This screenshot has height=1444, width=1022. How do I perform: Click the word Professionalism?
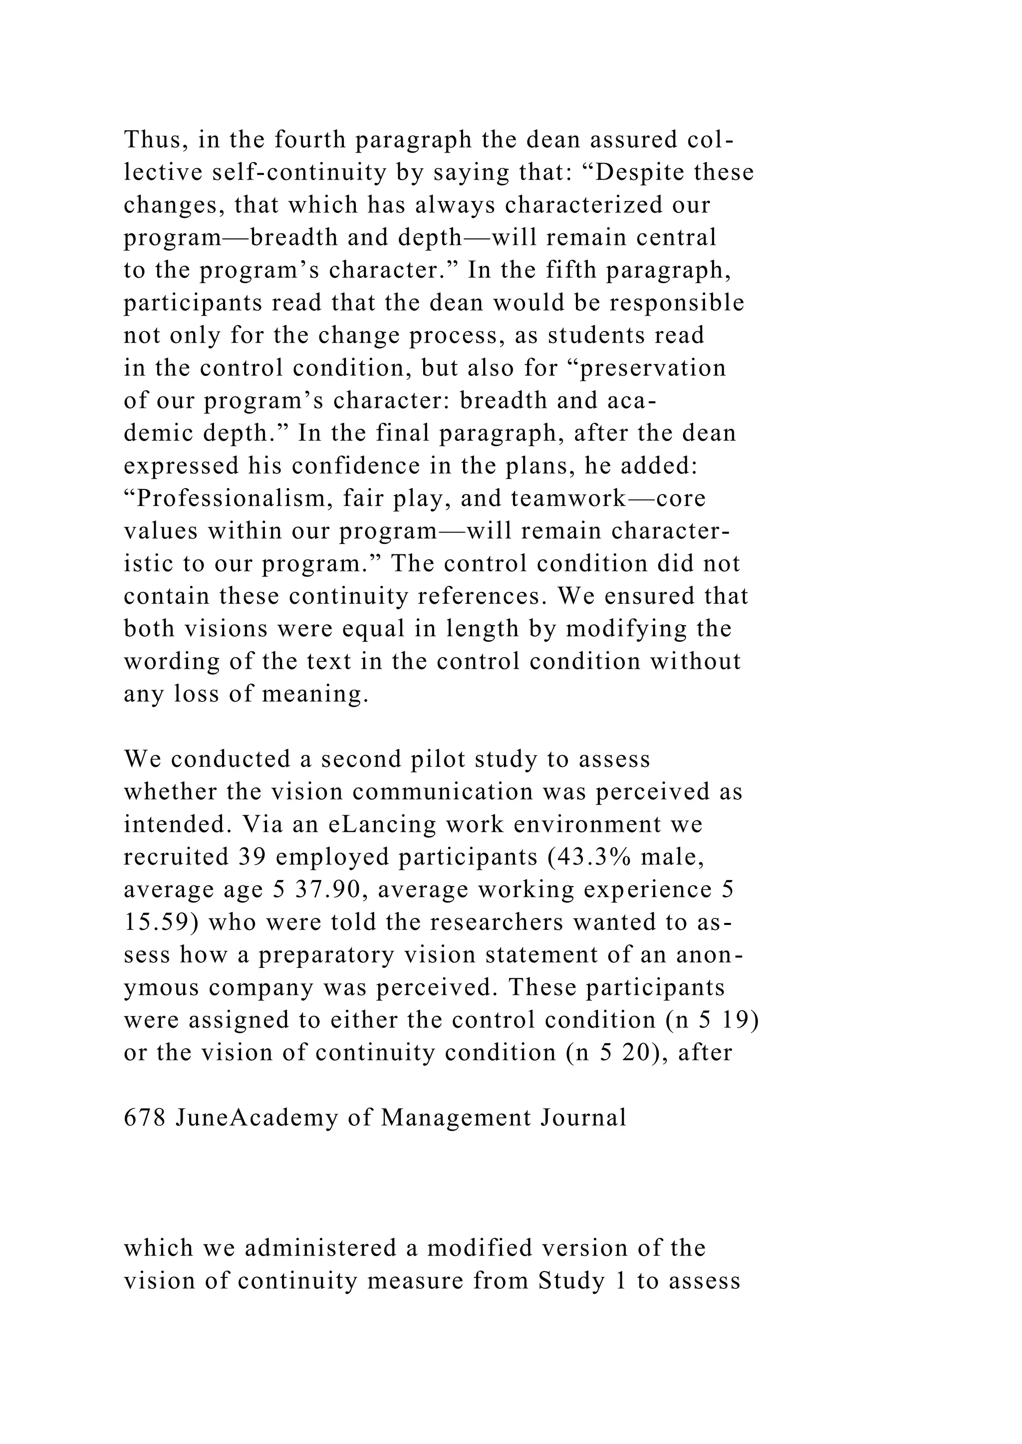pos(228,499)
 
